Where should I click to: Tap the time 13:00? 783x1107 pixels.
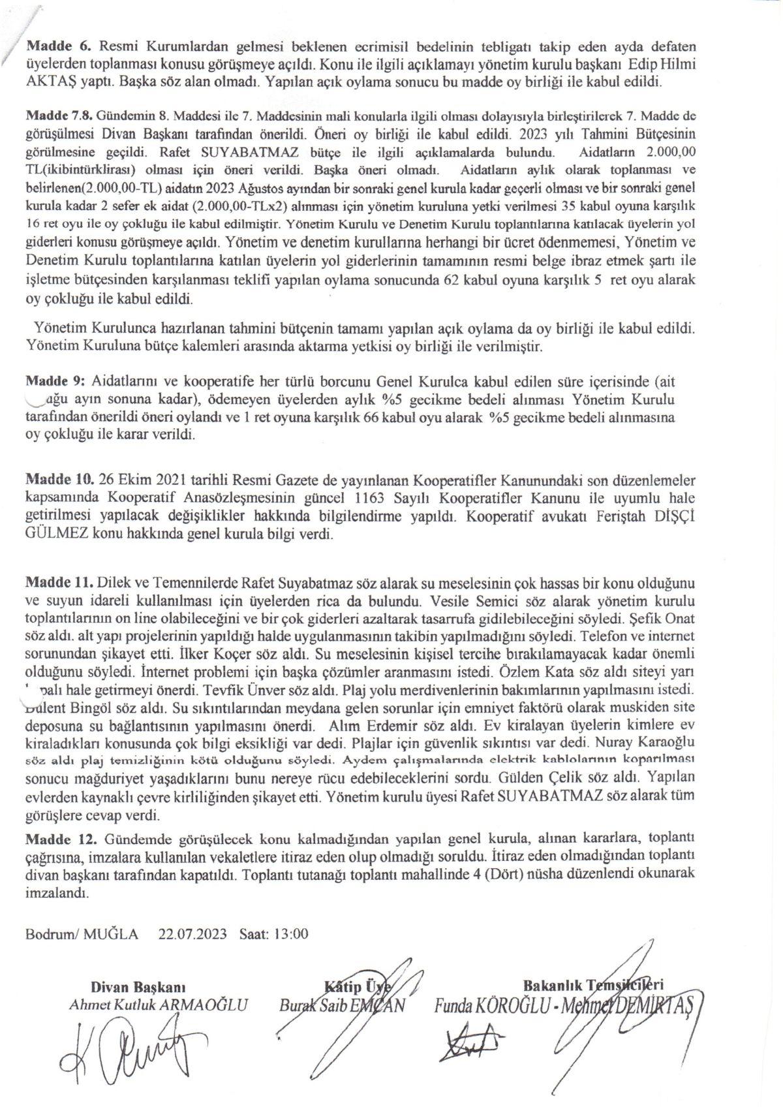pos(292,934)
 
